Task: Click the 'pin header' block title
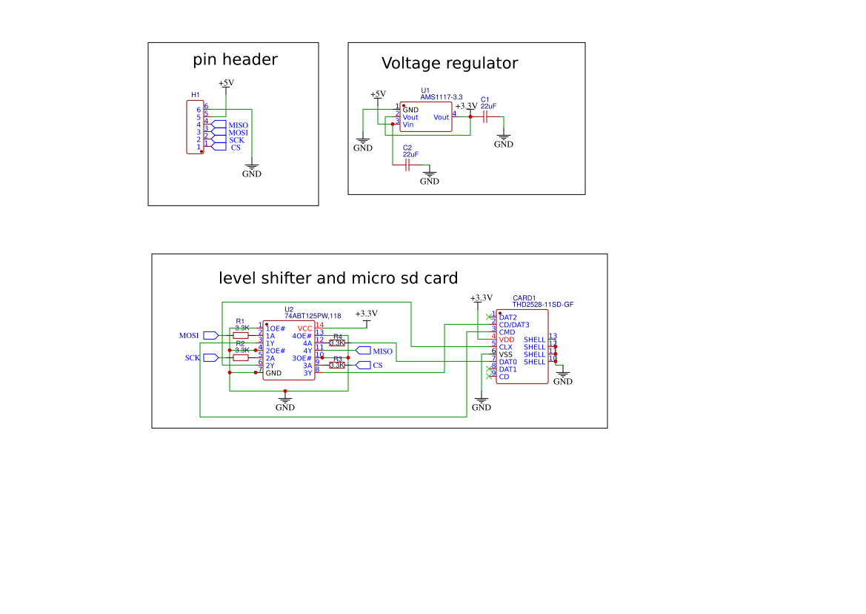pos(235,60)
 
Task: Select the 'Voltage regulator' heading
pos(449,64)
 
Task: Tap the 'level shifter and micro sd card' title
pos(339,279)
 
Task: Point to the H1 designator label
pos(196,95)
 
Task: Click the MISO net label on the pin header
pos(238,125)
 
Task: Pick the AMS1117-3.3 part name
pos(442,97)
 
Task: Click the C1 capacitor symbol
pos(486,116)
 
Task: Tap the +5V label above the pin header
pos(226,83)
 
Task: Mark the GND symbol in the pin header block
pos(252,172)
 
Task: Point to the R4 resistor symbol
pos(337,343)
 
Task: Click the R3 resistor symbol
pos(337,365)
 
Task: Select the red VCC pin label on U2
pos(304,329)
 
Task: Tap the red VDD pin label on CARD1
pos(507,340)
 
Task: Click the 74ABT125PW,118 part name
pos(313,316)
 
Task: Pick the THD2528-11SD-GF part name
pos(543,305)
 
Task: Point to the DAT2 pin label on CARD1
pos(508,317)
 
